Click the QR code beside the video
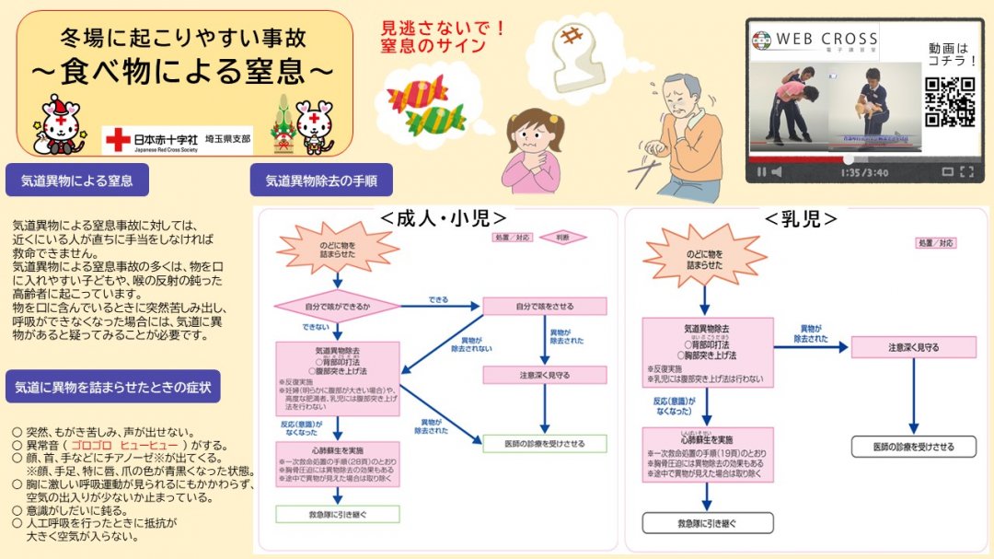(x=949, y=101)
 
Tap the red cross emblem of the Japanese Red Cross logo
(x=118, y=139)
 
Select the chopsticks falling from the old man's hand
(x=643, y=171)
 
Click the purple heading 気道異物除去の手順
(x=321, y=181)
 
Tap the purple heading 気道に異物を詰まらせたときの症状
(x=113, y=387)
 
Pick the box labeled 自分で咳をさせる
(x=545, y=306)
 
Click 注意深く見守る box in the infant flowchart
(x=913, y=347)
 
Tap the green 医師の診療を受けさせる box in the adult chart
(x=545, y=444)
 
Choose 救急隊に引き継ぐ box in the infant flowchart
(x=707, y=523)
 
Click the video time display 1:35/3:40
(x=863, y=171)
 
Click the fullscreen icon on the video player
(x=966, y=171)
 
